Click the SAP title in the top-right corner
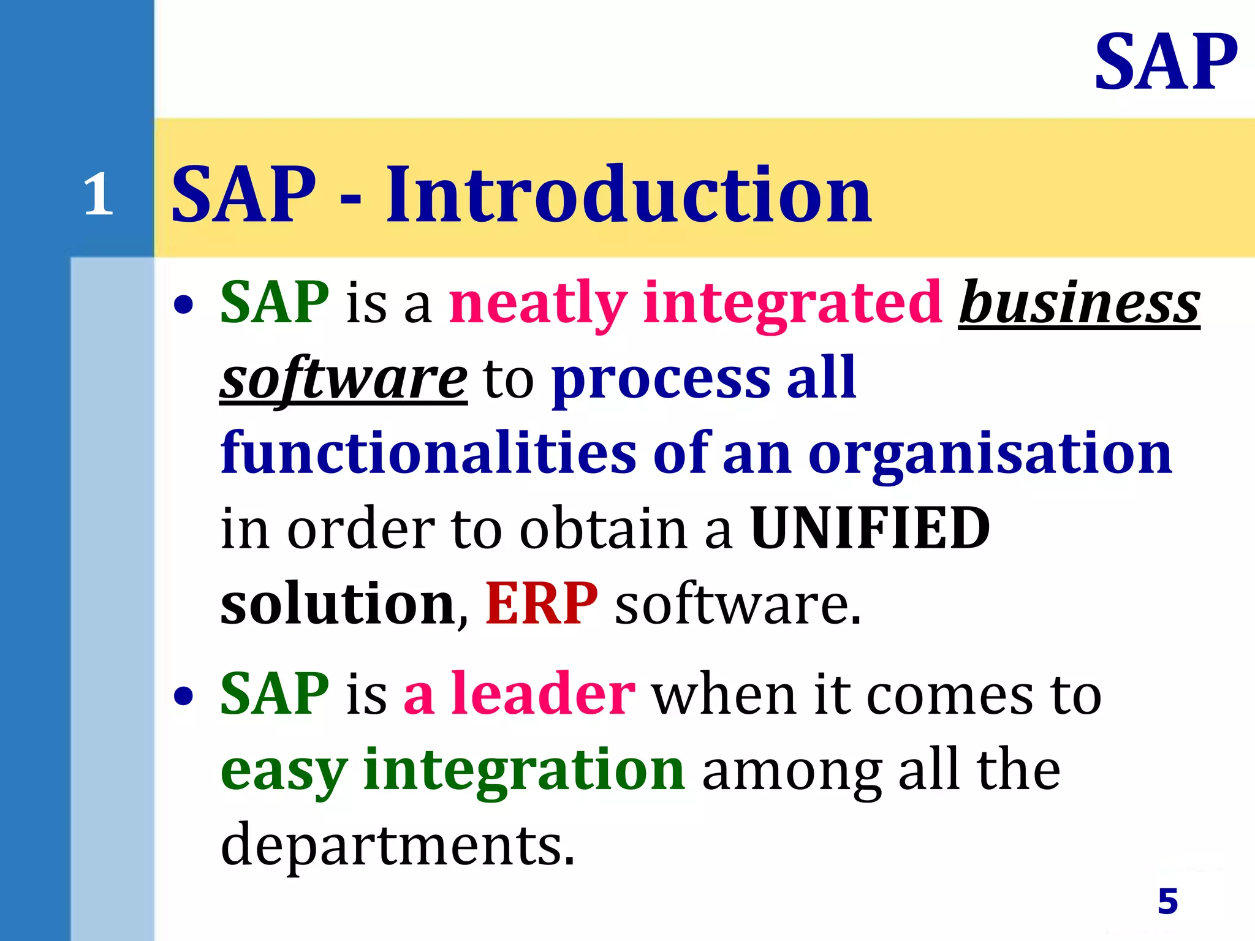1166,62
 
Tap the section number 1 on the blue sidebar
98,195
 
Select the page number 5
1167,901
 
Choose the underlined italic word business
1079,303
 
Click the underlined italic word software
343,379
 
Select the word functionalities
428,453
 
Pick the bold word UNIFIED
870,528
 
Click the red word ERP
541,603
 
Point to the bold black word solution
338,603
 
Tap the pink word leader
543,693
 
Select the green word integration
524,770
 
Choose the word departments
397,845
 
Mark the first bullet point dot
183,304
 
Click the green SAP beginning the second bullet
275,693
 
